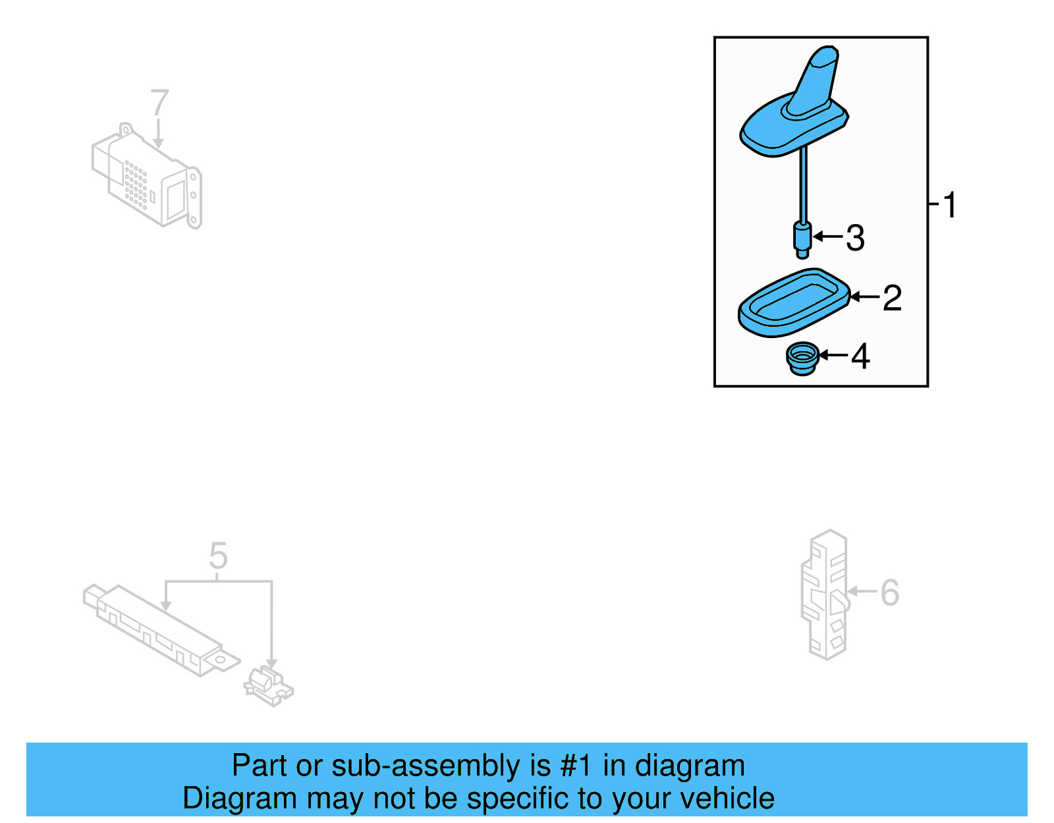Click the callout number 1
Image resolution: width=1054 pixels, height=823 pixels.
tap(949, 205)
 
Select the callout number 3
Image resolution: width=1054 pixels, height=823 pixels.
tap(855, 238)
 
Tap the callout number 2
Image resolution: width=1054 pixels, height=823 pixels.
tap(891, 298)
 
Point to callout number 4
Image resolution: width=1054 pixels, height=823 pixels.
tap(860, 356)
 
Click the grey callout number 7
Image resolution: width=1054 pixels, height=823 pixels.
tap(159, 103)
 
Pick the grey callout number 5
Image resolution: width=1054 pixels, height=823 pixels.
tap(218, 556)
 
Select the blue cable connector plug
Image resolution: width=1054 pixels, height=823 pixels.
tap(802, 240)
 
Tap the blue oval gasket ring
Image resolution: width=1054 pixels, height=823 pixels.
tap(794, 303)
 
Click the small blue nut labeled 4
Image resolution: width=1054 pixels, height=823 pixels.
tap(802, 360)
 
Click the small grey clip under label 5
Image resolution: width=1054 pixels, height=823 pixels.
tap(268, 687)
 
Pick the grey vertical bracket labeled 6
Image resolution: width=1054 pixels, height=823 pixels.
tap(825, 594)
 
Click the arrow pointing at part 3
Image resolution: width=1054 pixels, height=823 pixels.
tap(828, 236)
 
